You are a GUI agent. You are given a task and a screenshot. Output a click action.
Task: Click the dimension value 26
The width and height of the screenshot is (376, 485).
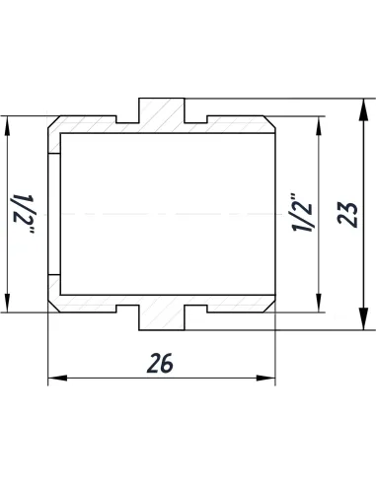(162, 363)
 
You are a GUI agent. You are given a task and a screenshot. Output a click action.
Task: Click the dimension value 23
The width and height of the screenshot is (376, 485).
(346, 210)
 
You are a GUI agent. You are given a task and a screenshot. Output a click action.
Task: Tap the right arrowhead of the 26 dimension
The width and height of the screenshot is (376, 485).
(269, 378)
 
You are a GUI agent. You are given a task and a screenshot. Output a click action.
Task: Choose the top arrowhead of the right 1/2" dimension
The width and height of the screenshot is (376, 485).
(319, 122)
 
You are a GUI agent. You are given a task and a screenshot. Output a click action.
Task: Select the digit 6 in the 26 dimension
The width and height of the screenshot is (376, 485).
(168, 363)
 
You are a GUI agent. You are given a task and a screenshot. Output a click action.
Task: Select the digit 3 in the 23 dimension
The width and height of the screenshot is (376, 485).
(346, 201)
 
